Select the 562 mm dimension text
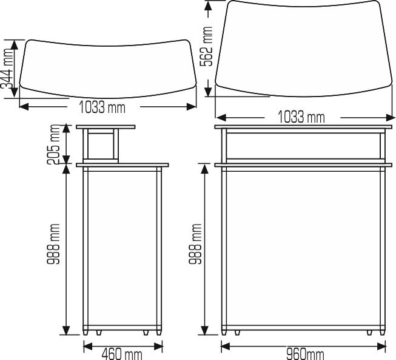(x=209, y=47)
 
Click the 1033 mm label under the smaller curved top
(x=102, y=108)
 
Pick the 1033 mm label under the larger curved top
(x=301, y=117)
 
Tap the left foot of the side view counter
(x=99, y=333)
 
